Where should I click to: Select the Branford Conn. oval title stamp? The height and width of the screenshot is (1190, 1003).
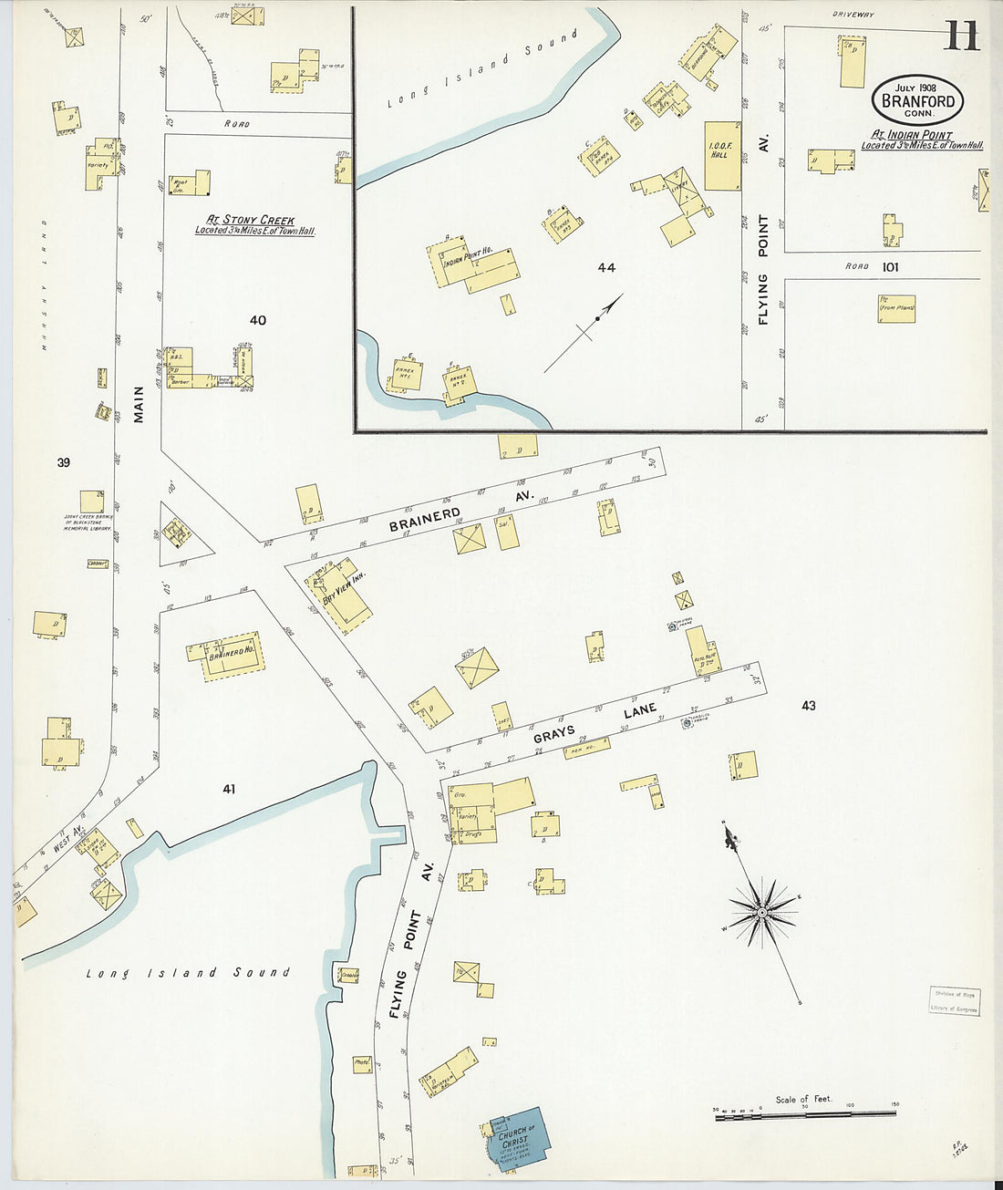[x=917, y=100]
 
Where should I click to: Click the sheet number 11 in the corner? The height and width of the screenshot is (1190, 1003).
[x=961, y=36]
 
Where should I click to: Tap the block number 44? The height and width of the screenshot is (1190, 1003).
[x=606, y=267]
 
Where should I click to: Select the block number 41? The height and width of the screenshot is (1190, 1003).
[x=228, y=789]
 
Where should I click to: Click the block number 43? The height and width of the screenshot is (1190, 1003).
[x=808, y=705]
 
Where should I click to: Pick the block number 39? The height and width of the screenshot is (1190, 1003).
[x=63, y=462]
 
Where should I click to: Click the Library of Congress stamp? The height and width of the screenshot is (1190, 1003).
[x=954, y=1001]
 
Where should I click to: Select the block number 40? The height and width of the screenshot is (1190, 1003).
[x=258, y=320]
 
